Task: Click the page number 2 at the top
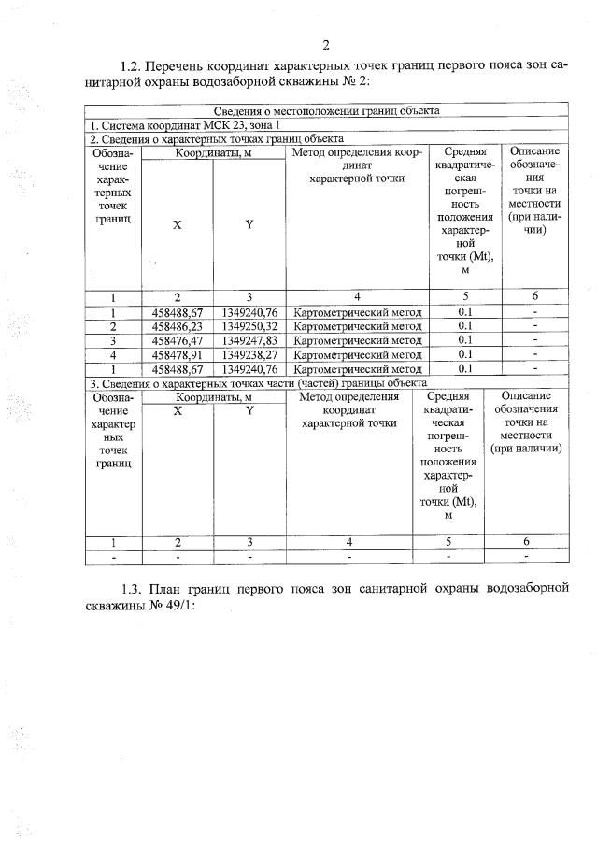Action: point(326,44)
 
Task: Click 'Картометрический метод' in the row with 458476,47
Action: point(357,340)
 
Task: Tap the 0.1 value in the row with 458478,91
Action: point(464,354)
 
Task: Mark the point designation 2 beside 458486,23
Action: point(113,326)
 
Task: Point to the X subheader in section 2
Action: point(178,224)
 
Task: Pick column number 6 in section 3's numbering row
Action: point(526,541)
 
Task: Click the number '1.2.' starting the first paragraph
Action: point(132,66)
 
